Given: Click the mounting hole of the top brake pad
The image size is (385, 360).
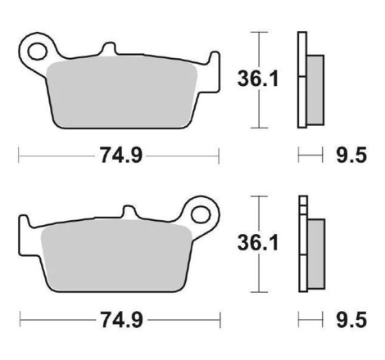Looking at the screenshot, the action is coord(38,51).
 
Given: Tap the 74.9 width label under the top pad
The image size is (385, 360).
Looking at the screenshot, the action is coord(121,155).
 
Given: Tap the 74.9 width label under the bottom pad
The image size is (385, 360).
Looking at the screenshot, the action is coord(122,319).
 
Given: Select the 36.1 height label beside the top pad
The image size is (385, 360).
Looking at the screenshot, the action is coord(258,79).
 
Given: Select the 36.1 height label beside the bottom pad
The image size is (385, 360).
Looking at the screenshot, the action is coord(258,243).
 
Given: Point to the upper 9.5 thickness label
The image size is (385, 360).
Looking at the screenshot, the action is coord(351,155).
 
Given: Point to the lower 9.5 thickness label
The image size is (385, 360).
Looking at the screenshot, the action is coord(351,319).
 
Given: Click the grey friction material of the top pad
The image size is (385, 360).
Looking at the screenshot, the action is coord(121,92).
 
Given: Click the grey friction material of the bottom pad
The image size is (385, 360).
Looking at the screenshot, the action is coord(116,256).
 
